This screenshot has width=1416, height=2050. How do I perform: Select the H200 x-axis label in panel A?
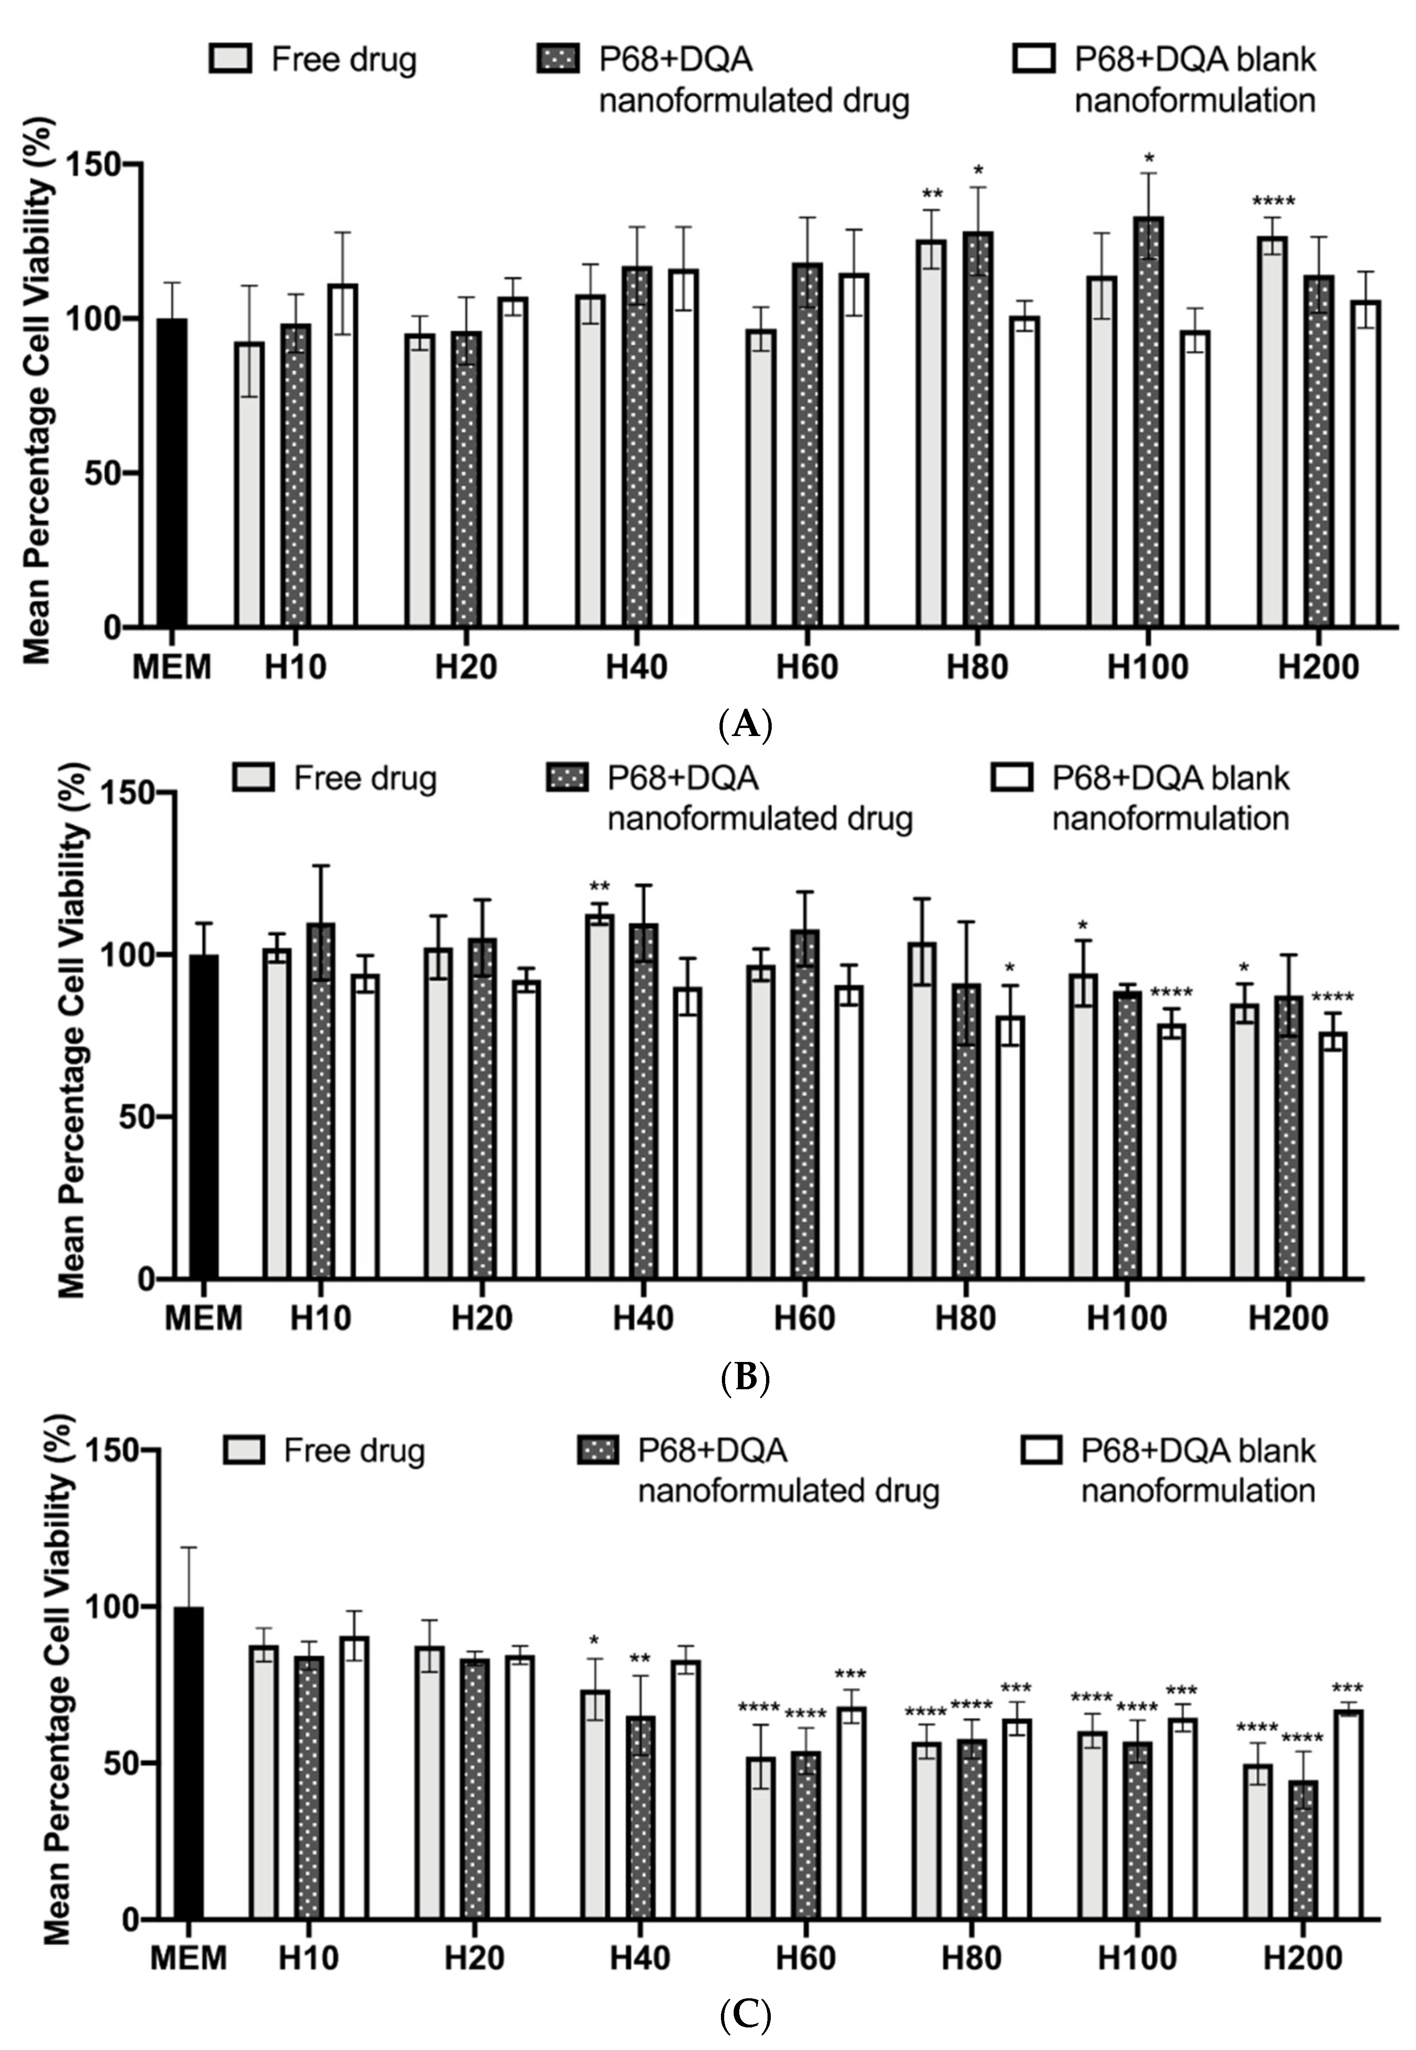(x=1318, y=667)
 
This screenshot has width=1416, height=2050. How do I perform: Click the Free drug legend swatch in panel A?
(x=231, y=59)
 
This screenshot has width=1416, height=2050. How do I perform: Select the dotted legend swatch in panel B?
(x=566, y=778)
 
